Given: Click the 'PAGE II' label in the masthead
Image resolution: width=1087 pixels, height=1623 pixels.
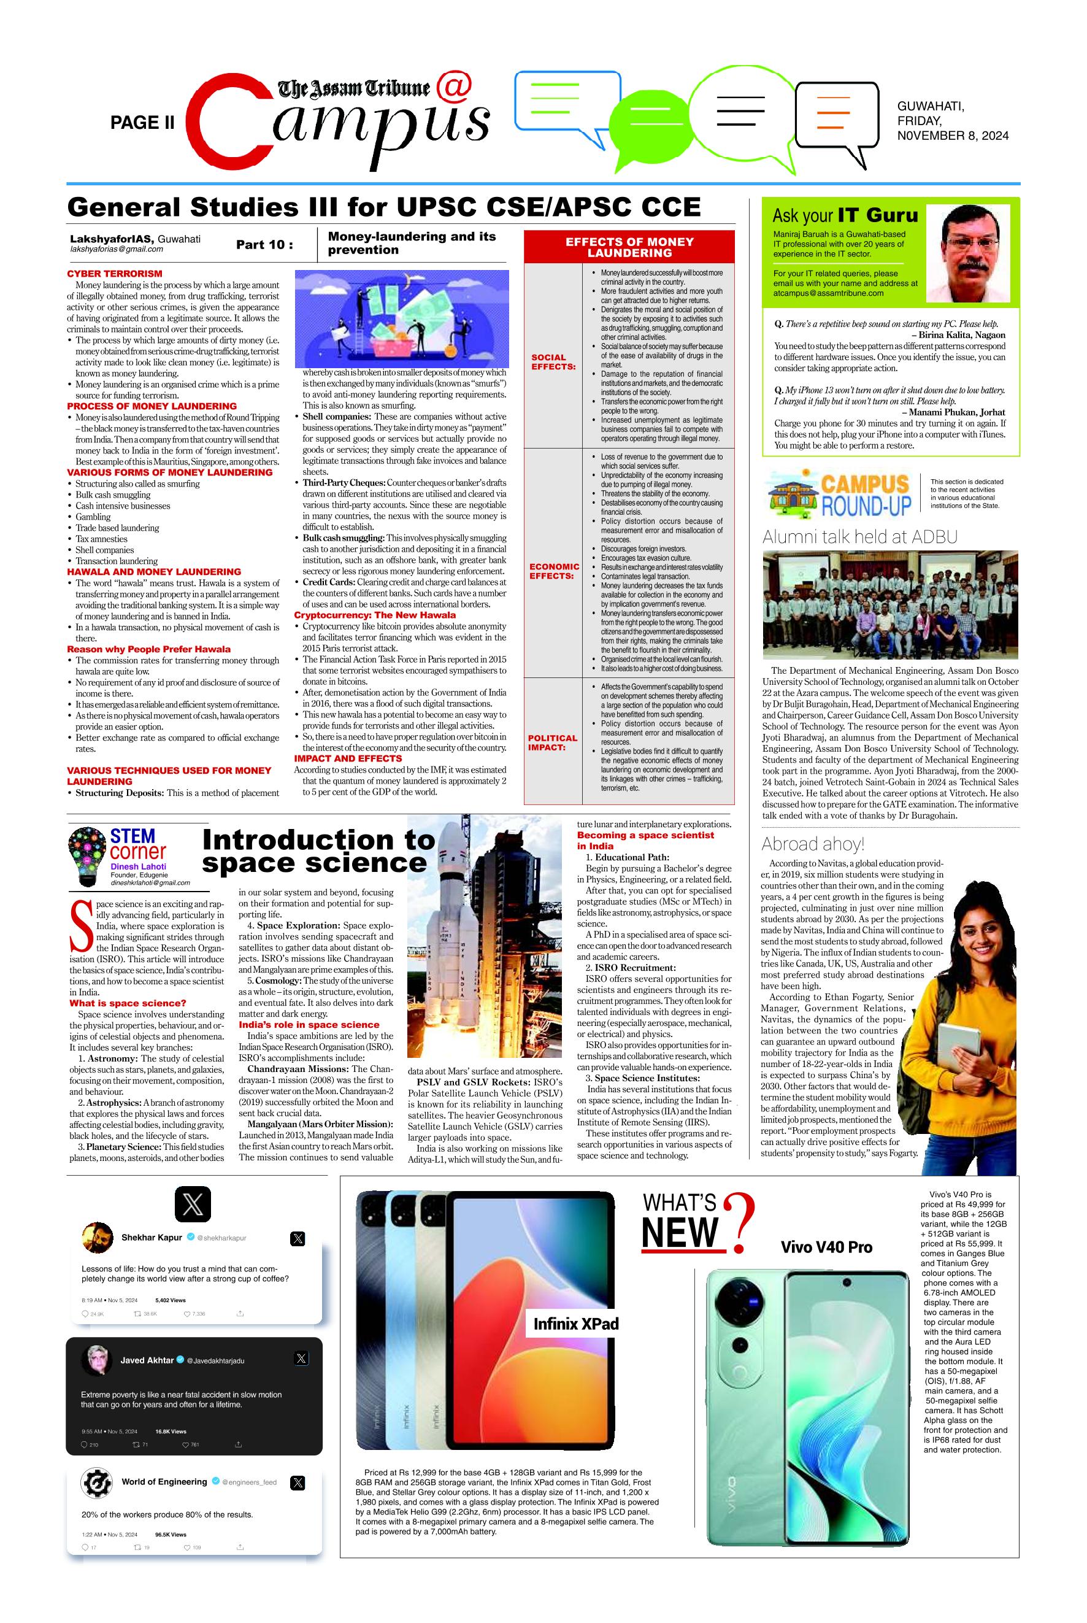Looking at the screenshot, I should tap(142, 123).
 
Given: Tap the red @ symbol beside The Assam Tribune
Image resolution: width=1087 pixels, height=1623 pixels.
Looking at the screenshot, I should tap(455, 87).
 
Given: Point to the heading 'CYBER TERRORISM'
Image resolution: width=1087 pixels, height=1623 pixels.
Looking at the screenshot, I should tap(114, 274).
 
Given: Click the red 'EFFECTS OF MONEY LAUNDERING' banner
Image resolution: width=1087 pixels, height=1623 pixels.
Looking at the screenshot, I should tap(629, 247).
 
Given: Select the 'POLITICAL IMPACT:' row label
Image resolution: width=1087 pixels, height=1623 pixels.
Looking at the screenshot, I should tap(553, 742).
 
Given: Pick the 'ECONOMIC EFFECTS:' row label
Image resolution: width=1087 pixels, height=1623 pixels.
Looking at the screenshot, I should tap(554, 571).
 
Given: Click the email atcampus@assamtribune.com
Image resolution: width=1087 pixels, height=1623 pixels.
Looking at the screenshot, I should tap(828, 293).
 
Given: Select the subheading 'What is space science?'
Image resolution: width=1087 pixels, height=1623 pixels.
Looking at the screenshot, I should tap(128, 1003).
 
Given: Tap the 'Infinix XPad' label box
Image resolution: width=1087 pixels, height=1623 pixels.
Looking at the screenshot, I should tap(575, 1324).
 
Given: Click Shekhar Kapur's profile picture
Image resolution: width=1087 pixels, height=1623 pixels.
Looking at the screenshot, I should tap(97, 1238).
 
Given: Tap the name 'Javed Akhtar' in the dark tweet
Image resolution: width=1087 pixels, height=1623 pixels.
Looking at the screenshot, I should tap(147, 1360).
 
